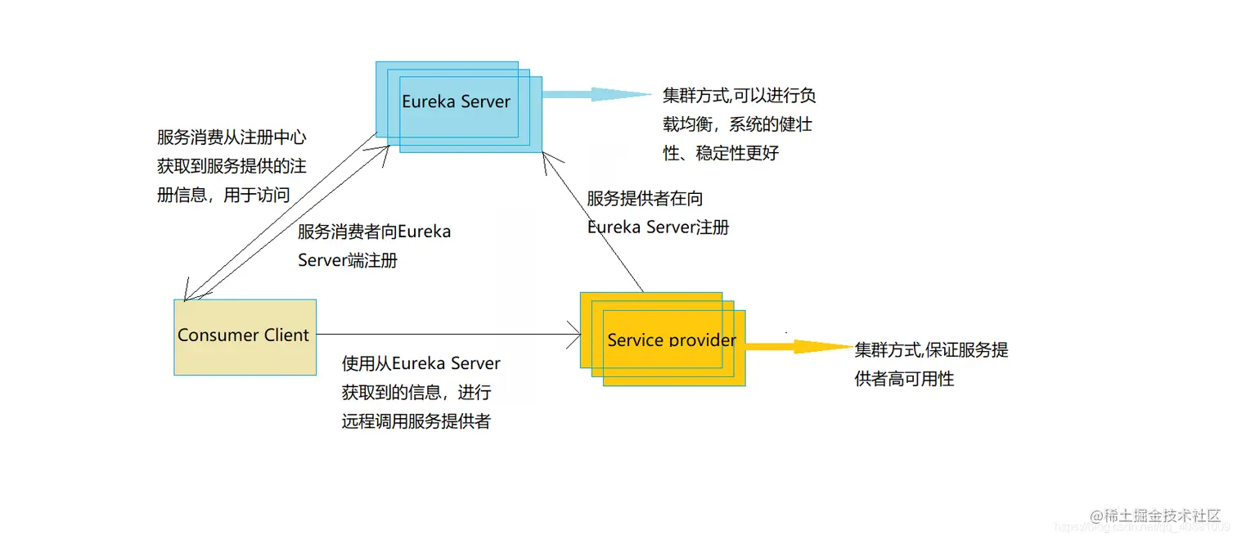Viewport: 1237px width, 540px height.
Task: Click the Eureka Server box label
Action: [x=456, y=102]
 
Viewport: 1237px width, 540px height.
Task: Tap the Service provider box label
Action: [x=672, y=340]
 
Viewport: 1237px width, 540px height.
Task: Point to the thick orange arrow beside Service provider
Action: [x=798, y=347]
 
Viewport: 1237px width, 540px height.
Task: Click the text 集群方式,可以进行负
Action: [x=740, y=96]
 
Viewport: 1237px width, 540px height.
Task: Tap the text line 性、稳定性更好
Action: [x=721, y=152]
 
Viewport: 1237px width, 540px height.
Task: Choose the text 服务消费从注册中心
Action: [x=232, y=137]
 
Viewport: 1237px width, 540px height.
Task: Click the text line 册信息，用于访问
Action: [x=223, y=195]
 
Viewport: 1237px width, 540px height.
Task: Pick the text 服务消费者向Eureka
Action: [x=374, y=232]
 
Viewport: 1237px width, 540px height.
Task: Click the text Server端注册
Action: [x=348, y=261]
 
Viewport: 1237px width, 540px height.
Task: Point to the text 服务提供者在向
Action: [x=645, y=198]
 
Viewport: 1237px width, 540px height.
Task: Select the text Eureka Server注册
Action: [x=658, y=227]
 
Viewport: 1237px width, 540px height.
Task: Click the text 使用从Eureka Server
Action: [x=421, y=363]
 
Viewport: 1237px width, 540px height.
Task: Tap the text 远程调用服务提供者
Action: [x=416, y=421]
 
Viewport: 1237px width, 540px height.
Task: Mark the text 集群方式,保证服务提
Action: [x=931, y=350]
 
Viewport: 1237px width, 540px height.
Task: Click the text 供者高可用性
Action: [x=904, y=379]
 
